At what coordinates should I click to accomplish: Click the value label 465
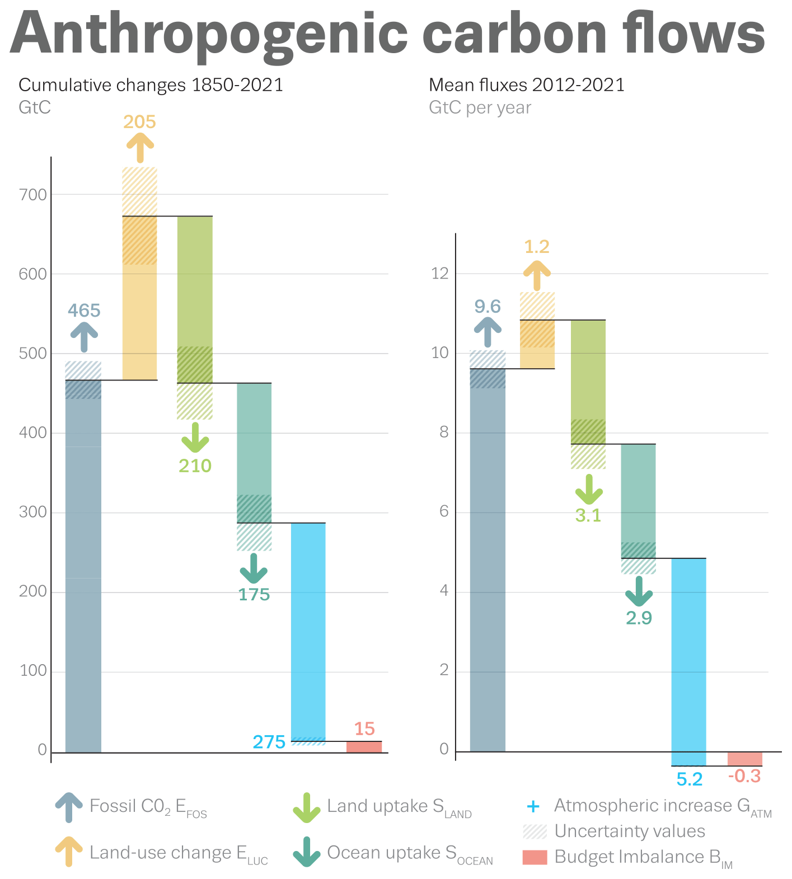pos(84,311)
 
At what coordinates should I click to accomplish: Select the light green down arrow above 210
pos(195,438)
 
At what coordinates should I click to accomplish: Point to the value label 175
pos(254,594)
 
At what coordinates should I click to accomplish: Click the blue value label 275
pos(269,742)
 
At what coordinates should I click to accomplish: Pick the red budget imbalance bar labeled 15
pos(364,746)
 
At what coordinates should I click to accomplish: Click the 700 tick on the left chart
pos(33,195)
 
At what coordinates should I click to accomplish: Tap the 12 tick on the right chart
pos(440,274)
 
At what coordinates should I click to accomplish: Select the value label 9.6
pos(488,307)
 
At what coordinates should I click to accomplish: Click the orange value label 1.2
pos(537,247)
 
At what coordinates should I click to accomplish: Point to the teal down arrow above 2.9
pos(639,591)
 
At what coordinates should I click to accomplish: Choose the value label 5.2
pos(689,779)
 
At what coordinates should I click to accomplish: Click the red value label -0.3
pos(744,777)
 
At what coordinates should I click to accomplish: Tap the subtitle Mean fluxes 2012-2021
pos(526,85)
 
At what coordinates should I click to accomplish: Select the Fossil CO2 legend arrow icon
pos(69,807)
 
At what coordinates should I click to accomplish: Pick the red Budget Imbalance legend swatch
pos(535,857)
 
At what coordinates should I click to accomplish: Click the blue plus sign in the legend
pos(533,806)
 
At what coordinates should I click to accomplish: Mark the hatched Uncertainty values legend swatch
pos(535,831)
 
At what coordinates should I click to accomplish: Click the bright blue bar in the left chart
pos(308,627)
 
